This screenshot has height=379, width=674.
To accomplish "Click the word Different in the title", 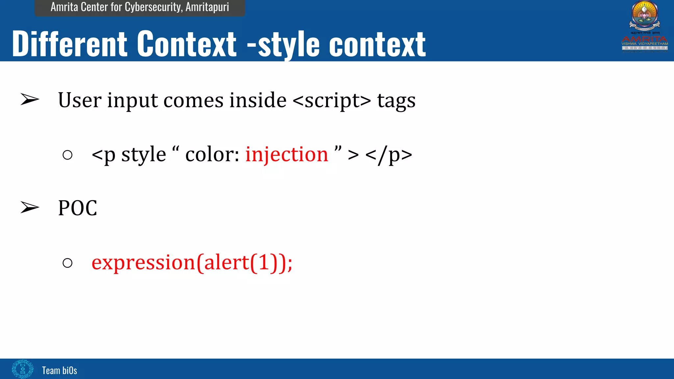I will pyautogui.click(x=69, y=44).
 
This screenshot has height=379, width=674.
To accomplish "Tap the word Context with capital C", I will pyautogui.click(x=187, y=44).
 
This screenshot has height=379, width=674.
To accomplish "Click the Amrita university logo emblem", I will pyautogui.click(x=644, y=15).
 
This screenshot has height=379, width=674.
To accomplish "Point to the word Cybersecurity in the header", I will pyautogui.click(x=153, y=7).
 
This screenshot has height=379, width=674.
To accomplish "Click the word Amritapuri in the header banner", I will pyautogui.click(x=207, y=7).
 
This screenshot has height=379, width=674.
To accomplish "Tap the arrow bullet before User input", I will pyautogui.click(x=30, y=99).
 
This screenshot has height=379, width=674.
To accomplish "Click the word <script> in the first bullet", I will pyautogui.click(x=331, y=100).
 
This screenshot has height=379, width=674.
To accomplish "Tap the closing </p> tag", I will pyautogui.click(x=388, y=155).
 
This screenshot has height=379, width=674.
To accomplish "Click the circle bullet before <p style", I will pyautogui.click(x=67, y=155).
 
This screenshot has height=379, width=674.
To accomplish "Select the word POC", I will pyautogui.click(x=78, y=208).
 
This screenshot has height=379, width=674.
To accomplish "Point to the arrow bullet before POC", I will pyautogui.click(x=30, y=207).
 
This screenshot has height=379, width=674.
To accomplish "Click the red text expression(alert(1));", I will pyautogui.click(x=192, y=263).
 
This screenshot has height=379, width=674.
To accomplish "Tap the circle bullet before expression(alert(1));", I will pyautogui.click(x=67, y=263).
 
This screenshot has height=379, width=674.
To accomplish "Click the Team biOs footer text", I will pyautogui.click(x=60, y=370).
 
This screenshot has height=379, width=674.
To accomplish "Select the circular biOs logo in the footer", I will pyautogui.click(x=22, y=369).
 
